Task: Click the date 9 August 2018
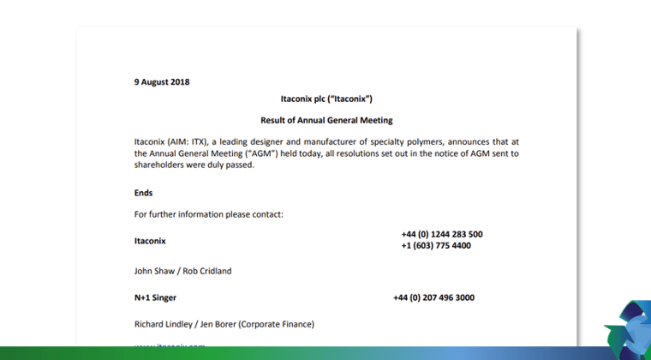coord(162,82)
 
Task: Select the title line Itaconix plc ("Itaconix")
coord(326,99)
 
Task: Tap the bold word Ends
coord(144,193)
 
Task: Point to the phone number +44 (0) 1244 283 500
coord(441,234)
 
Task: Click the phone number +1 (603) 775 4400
coord(435,246)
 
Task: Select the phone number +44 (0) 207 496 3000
coord(433,298)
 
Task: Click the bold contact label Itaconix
coord(150,241)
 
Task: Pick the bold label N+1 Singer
coord(155,298)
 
